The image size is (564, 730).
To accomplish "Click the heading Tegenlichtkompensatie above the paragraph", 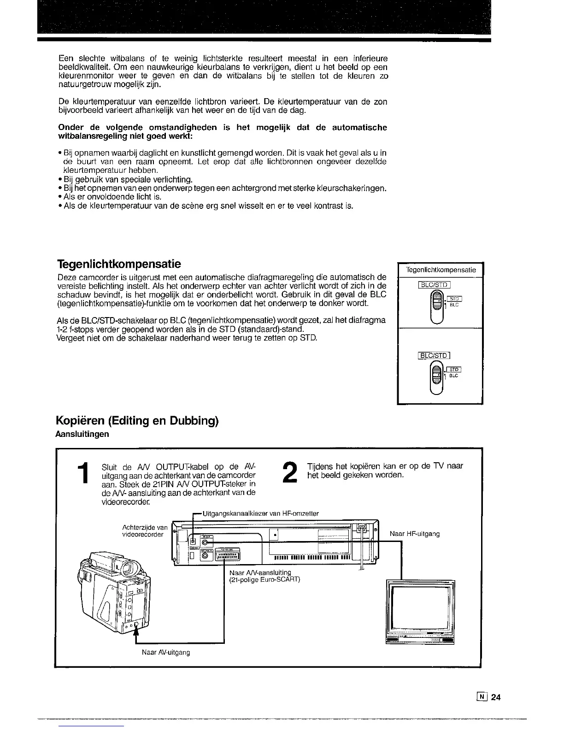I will point(119,264).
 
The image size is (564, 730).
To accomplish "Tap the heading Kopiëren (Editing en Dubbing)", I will point(136,421).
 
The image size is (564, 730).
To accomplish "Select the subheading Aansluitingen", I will point(82,434).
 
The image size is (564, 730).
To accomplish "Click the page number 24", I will point(496,697).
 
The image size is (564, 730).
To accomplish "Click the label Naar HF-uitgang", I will point(415,534).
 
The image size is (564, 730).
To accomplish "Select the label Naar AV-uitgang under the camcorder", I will point(165,653).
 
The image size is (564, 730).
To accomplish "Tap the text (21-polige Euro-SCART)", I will point(264,579).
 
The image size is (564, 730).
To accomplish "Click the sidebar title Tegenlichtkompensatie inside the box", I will point(441,270).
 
